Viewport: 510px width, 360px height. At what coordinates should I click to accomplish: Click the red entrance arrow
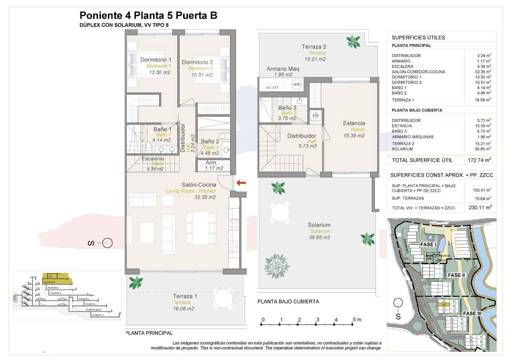click(x=241, y=183)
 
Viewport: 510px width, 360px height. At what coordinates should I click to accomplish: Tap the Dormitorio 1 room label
click(x=156, y=60)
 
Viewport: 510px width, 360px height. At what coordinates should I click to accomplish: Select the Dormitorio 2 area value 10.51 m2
click(x=202, y=75)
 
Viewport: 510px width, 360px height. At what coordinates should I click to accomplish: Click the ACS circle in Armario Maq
click(x=297, y=84)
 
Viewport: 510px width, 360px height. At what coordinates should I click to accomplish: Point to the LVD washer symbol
click(x=316, y=115)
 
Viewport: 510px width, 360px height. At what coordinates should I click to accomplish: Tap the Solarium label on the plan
click(x=319, y=225)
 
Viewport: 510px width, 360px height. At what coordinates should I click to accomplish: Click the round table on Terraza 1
click(x=223, y=299)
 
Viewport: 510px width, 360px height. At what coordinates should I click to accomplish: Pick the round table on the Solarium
click(x=280, y=212)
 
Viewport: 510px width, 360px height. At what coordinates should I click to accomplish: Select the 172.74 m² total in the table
click(x=479, y=160)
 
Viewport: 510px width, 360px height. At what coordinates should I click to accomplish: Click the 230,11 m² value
click(x=480, y=207)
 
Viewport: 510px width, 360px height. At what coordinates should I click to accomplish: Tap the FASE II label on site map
click(x=456, y=275)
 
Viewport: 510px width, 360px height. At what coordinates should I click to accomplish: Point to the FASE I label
click(x=428, y=244)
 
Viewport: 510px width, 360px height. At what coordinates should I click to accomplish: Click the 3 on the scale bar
click(x=317, y=320)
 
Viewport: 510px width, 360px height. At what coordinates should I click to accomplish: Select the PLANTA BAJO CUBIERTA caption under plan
click(x=288, y=301)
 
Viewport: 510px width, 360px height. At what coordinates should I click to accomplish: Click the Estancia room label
click(x=354, y=123)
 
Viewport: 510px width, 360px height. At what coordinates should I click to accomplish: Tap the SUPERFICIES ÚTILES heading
click(x=418, y=37)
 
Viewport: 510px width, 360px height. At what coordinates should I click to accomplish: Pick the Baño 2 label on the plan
click(x=210, y=141)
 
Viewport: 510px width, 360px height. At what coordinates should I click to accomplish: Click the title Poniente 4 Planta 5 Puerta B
click(x=148, y=15)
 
